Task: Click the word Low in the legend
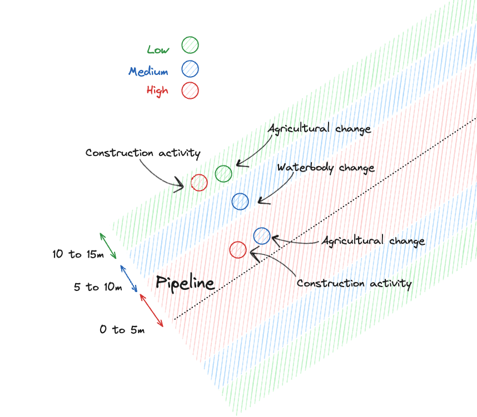(x=158, y=49)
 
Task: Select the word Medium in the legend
(x=148, y=71)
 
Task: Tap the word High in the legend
(x=157, y=90)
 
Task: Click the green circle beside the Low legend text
(x=190, y=45)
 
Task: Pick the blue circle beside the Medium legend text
(x=190, y=69)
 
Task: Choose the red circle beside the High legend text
(x=190, y=90)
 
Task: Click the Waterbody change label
(x=326, y=167)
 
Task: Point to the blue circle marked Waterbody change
(x=240, y=201)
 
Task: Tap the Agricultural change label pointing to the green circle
(x=319, y=129)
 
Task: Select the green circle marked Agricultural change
(x=223, y=174)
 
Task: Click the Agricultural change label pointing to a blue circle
(x=374, y=241)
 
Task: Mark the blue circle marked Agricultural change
(x=262, y=236)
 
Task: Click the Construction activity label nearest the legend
(x=143, y=153)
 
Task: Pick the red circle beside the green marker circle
(x=199, y=182)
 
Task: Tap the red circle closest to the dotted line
(x=238, y=250)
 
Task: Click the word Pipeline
(x=185, y=283)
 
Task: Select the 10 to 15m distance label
(x=78, y=254)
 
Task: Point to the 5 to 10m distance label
(x=98, y=287)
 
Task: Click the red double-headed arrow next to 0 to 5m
(x=151, y=310)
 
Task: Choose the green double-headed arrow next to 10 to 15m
(x=108, y=245)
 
